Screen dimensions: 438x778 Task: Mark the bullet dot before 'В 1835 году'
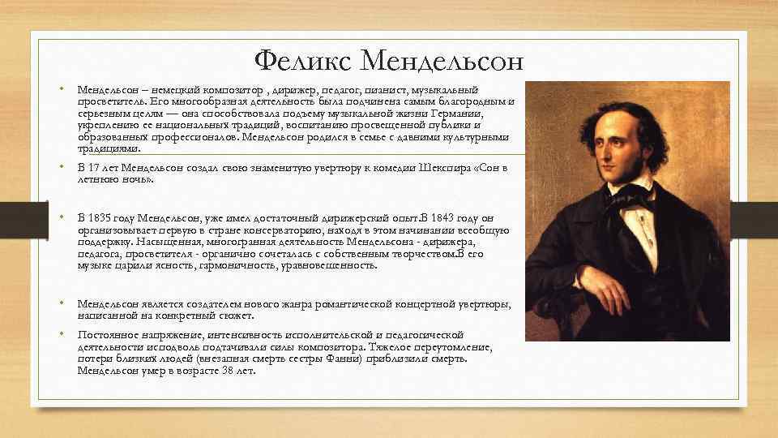tap(62, 219)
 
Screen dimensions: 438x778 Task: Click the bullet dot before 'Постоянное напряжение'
tap(62, 334)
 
